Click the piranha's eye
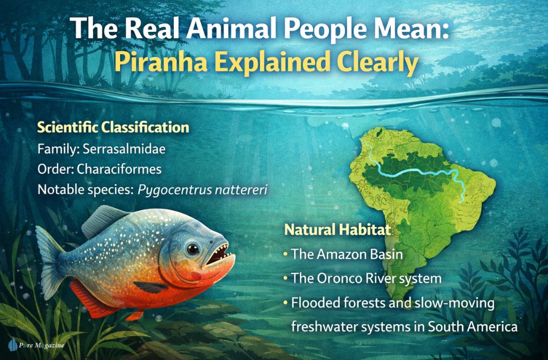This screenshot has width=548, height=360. click(x=192, y=249)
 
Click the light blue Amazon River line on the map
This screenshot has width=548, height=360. click(x=417, y=172)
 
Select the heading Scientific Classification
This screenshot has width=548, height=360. click(x=112, y=128)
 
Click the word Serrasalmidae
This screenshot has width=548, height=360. click(x=124, y=148)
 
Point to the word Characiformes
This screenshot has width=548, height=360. click(x=119, y=168)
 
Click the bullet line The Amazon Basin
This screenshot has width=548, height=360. click(x=346, y=254)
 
